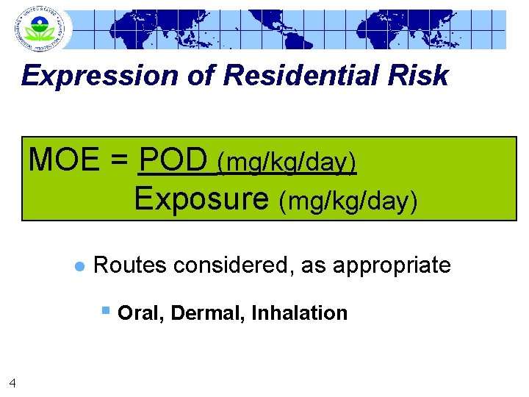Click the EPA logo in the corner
click(40, 29)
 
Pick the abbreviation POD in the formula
click(174, 160)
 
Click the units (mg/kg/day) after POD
click(287, 163)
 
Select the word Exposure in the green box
click(202, 198)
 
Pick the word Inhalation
click(299, 313)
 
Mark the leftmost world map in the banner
click(148, 30)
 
